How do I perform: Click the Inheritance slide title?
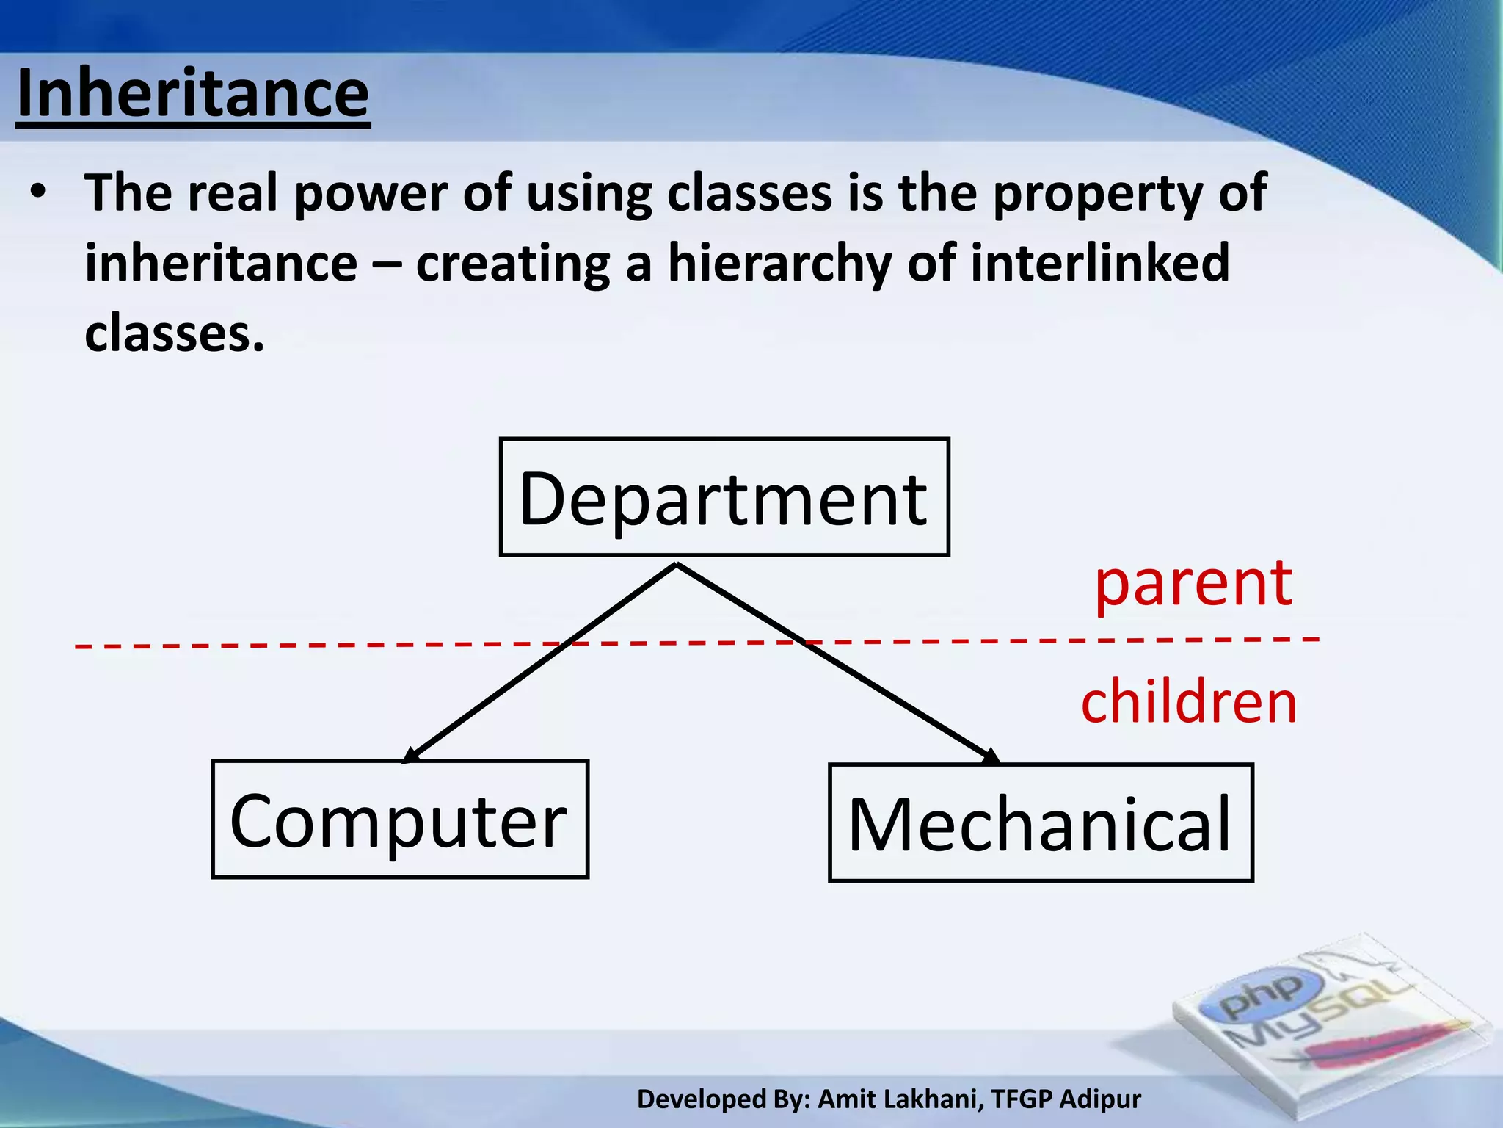coord(192,94)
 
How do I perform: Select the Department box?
coord(724,497)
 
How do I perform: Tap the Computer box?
coord(400,819)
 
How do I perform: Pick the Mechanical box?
coord(1040,822)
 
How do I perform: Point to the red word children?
coord(1189,702)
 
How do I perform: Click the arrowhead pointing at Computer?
coord(411,755)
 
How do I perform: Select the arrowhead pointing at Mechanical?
coord(990,756)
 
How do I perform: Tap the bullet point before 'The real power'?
coord(38,192)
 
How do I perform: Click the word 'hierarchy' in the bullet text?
coord(778,263)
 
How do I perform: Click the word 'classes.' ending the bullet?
coord(174,333)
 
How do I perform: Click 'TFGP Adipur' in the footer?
coord(1066,1099)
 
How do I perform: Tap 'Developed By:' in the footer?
coord(723,1099)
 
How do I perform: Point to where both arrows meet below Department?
coord(676,565)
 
